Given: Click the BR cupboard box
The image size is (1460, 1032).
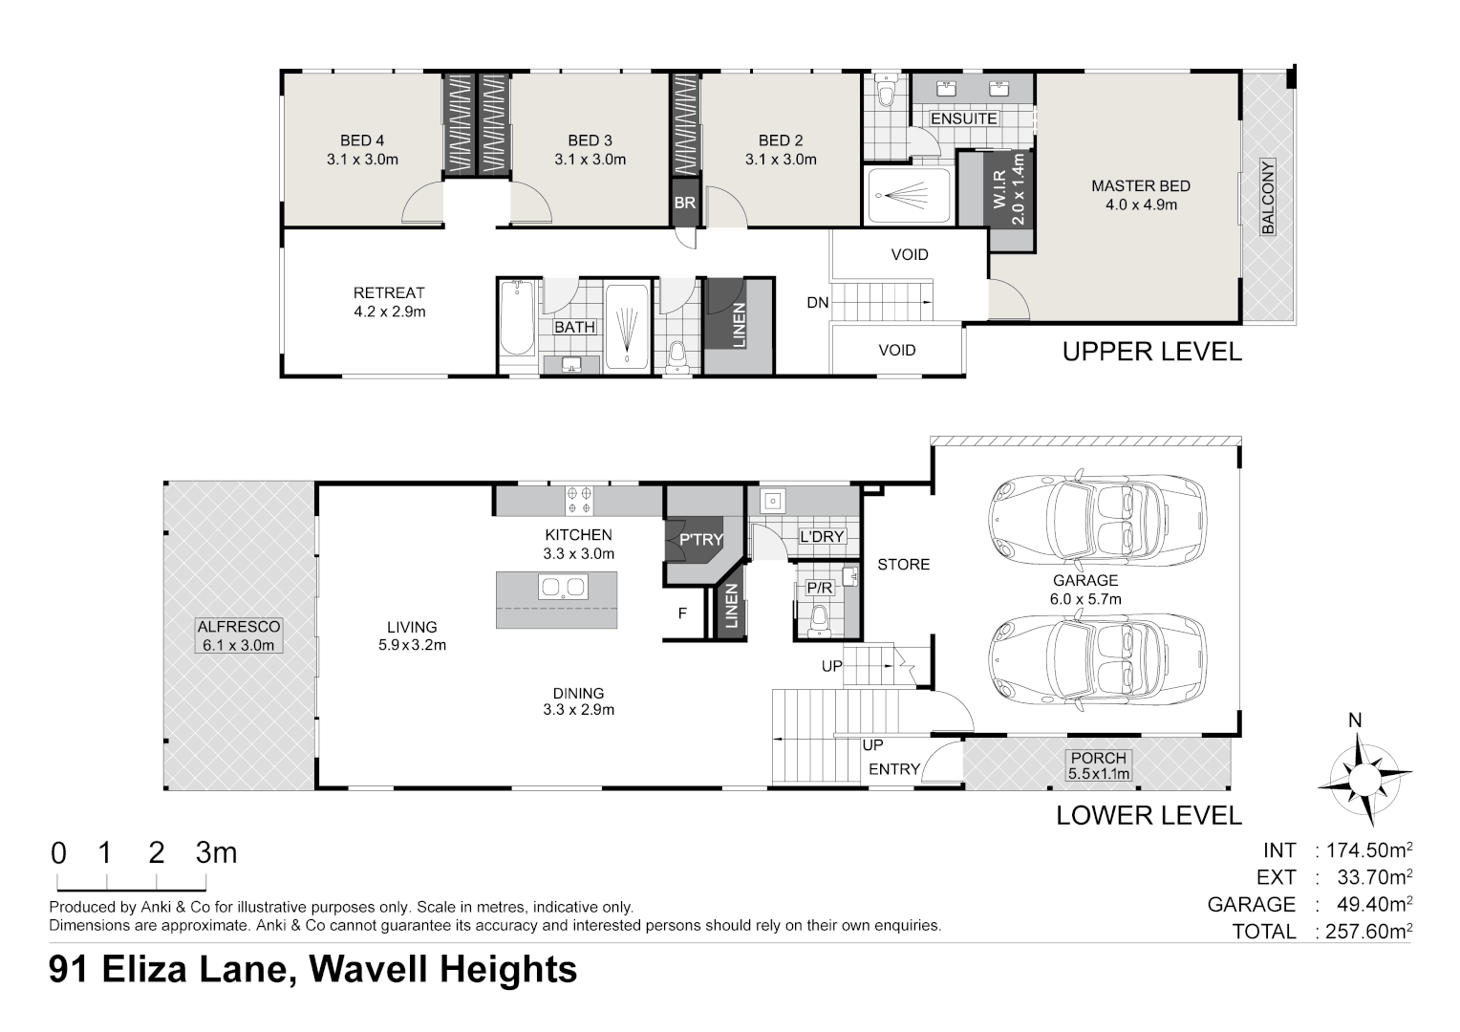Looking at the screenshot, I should [x=684, y=204].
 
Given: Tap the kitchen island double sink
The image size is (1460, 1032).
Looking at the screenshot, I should [x=563, y=587].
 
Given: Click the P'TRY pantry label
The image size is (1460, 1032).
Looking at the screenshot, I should [x=700, y=540].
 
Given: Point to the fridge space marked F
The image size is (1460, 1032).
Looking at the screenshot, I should [x=682, y=613].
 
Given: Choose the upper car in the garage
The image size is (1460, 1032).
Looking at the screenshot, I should [x=1096, y=518].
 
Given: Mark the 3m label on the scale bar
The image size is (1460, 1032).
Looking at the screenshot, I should [x=216, y=852].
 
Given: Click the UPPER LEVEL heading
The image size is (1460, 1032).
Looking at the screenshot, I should [x=1151, y=352].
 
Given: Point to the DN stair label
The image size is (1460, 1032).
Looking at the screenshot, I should [x=817, y=303].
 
